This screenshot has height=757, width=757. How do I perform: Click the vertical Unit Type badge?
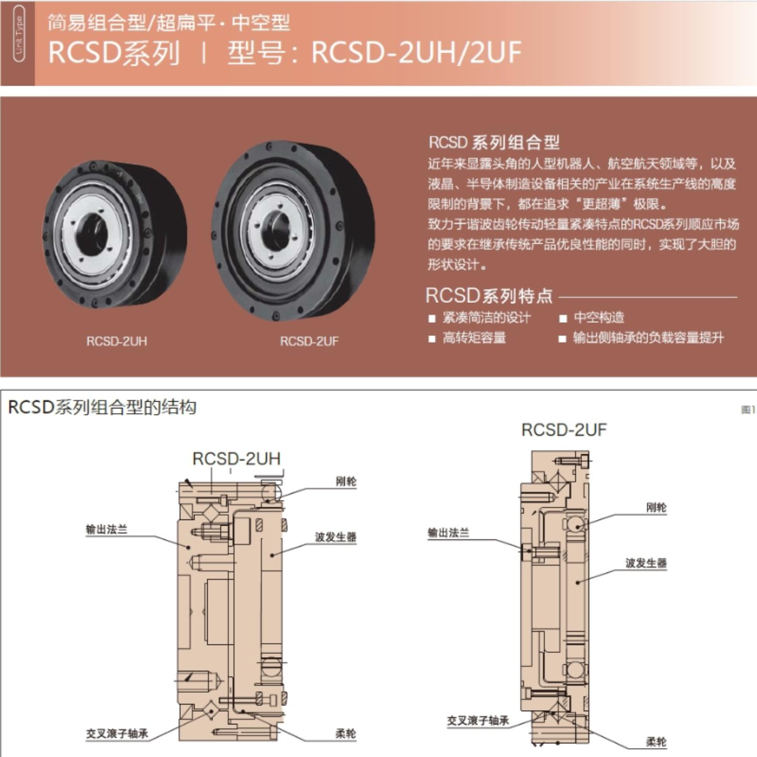[19, 34]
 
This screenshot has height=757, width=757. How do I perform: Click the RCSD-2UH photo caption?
[117, 341]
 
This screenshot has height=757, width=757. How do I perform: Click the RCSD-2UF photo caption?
[309, 341]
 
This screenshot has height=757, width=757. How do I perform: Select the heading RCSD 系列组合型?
[494, 142]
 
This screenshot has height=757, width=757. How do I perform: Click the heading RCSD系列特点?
[489, 296]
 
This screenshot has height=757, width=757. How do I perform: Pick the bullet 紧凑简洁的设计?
[486, 318]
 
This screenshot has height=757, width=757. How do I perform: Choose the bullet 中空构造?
[599, 318]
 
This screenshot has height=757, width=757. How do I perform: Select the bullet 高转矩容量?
[474, 337]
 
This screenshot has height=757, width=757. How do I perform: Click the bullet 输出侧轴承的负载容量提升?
[648, 337]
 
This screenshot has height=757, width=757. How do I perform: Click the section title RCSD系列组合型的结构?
[103, 407]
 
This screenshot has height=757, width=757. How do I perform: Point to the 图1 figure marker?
[748, 410]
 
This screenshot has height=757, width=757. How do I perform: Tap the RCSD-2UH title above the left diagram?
[237, 458]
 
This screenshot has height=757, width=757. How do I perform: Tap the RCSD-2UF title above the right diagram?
[564, 430]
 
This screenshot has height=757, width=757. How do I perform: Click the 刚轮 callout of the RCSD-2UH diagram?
[346, 482]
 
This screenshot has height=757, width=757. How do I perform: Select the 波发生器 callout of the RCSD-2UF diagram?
[646, 563]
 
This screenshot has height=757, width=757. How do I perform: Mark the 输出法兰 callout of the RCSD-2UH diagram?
[107, 529]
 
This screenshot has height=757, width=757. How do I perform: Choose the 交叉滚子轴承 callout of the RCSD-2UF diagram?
[478, 721]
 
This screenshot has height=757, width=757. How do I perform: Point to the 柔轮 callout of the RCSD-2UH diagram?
[346, 734]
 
